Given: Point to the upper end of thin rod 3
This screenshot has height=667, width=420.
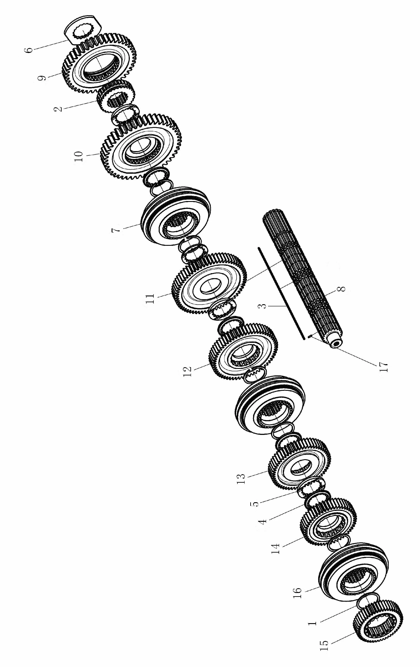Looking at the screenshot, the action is [258, 248].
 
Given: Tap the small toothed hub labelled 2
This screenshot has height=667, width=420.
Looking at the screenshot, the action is [116, 96].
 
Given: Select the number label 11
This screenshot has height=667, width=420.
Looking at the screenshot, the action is [151, 299].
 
